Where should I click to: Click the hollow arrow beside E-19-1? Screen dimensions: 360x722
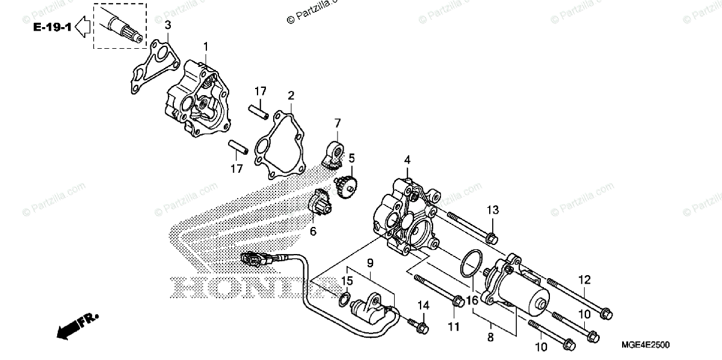click(84, 27)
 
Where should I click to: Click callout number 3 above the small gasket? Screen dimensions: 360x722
click(168, 25)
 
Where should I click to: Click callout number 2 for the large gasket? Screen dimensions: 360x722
click(291, 96)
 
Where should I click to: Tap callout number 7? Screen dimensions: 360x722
click(338, 123)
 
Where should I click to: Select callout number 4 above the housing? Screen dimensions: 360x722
click(407, 160)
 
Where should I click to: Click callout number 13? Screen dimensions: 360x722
click(493, 210)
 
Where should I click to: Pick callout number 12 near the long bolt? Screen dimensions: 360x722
click(585, 280)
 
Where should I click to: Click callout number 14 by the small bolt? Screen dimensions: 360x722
click(423, 306)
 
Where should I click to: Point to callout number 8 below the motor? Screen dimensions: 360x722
click(490, 339)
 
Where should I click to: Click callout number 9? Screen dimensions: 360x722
click(370, 262)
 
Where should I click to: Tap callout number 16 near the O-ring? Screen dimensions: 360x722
click(471, 299)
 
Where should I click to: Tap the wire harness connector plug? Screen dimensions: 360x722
click(252, 261)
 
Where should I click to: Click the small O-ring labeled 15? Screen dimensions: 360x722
click(345, 299)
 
